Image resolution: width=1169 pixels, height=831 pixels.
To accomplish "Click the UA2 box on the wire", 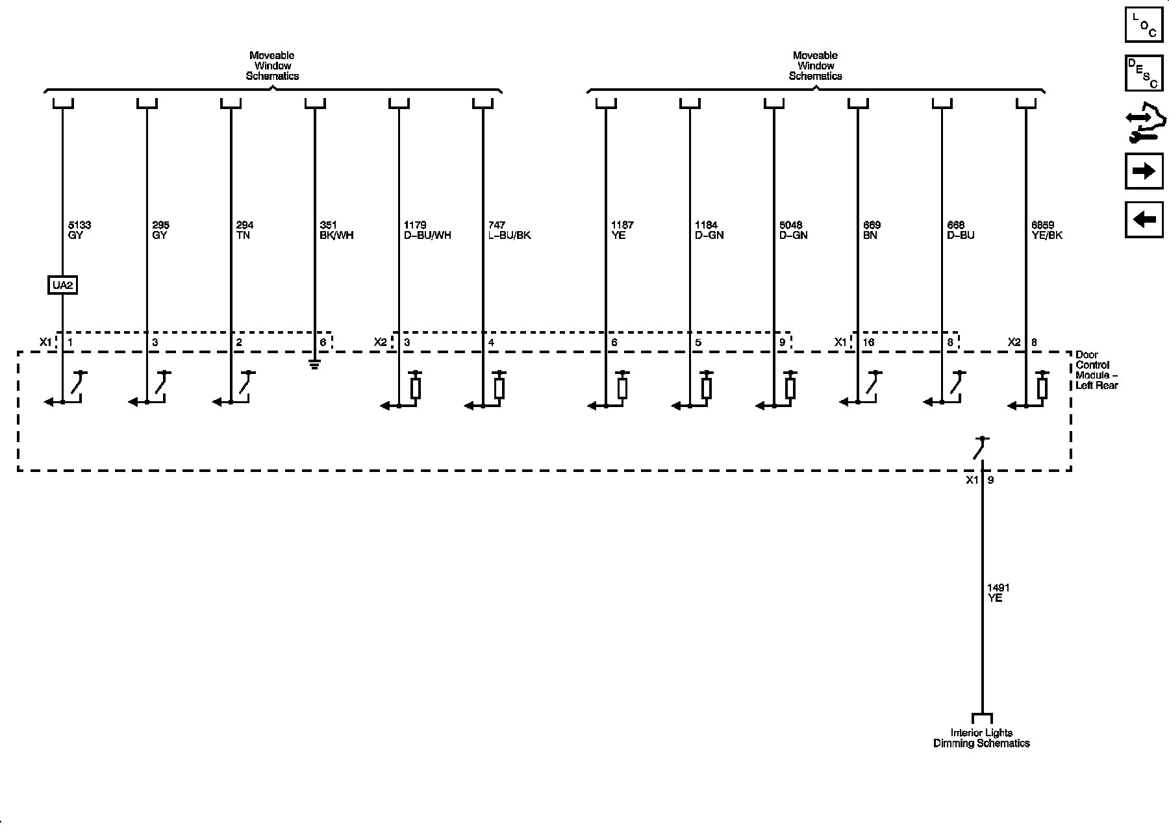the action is point(63,285).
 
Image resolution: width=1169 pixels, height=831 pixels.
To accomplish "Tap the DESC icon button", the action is point(1144,73).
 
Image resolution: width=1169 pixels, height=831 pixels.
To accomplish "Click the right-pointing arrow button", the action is point(1144,171).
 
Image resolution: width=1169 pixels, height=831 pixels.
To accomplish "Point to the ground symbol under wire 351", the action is point(315,365).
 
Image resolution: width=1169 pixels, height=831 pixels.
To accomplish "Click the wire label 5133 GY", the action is point(79,230).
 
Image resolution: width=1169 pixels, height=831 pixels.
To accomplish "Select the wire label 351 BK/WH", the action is point(336,230).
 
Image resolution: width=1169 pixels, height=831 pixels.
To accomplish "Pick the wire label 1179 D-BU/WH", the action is point(427,230).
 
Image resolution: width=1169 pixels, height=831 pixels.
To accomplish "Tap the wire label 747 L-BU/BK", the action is point(509,230).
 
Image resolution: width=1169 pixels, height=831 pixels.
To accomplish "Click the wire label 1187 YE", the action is point(622,230).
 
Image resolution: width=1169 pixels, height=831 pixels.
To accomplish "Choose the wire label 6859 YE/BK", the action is point(1047,230).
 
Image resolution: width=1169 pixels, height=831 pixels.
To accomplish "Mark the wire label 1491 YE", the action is point(998,593).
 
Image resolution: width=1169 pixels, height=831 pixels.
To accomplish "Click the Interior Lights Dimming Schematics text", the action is point(981,738).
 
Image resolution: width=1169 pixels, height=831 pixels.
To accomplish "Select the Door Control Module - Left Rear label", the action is point(1096,370).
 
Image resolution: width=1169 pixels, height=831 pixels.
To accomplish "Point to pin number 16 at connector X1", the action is point(868,342).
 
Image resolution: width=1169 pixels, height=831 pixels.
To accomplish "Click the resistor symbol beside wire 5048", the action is point(790,388).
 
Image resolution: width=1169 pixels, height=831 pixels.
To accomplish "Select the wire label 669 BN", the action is point(871,230).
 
